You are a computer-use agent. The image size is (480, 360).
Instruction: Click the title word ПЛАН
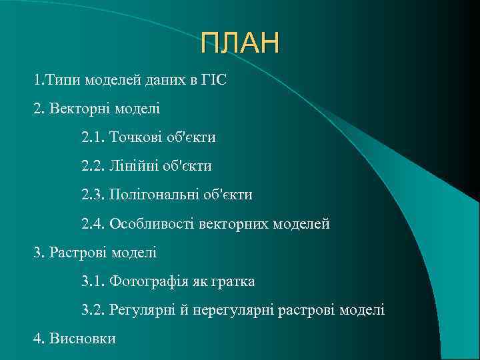[241, 44]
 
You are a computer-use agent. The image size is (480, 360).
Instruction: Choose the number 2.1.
[93, 137]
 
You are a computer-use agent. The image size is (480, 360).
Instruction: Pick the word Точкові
[136, 137]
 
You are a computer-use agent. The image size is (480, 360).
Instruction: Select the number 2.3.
[93, 195]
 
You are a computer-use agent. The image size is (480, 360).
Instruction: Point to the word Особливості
[153, 224]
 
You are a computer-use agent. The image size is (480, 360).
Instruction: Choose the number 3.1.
[93, 281]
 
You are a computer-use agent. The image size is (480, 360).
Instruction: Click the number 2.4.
[93, 224]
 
